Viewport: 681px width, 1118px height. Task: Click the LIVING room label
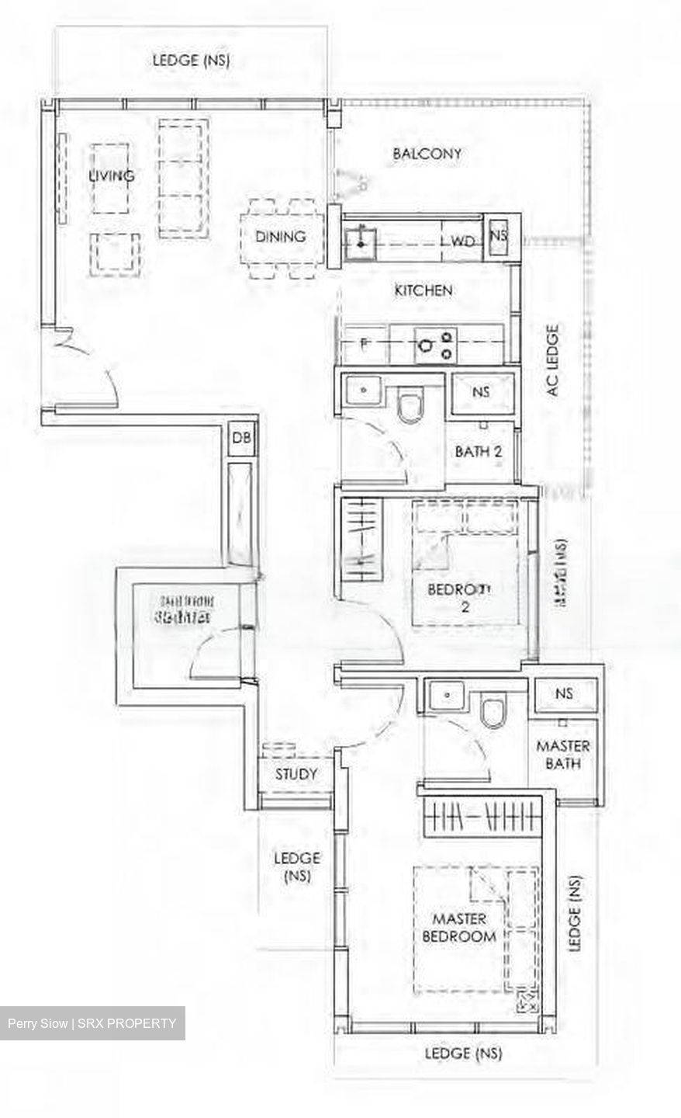pos(111,175)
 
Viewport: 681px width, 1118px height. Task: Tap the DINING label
pos(280,236)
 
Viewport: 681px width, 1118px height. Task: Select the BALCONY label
pos(427,154)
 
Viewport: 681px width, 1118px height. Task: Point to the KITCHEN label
pos(423,290)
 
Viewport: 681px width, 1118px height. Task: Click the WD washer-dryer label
pos(462,241)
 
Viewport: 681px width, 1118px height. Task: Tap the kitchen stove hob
pos(436,344)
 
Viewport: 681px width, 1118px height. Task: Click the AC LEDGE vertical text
pos(552,360)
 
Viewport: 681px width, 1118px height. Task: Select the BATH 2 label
pos(479,451)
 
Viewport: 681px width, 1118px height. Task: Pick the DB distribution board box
pos(241,438)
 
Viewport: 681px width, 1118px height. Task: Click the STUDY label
pos(296,774)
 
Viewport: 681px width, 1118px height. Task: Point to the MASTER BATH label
pos(563,754)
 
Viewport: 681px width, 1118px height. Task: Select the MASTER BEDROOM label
pos(458,927)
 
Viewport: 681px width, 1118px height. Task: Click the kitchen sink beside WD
pos(362,238)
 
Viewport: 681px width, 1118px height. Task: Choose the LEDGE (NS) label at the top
pos(191,60)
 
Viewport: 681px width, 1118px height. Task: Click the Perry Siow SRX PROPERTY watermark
pos(92,1023)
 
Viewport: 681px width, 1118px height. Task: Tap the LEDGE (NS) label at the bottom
pos(463,1054)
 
